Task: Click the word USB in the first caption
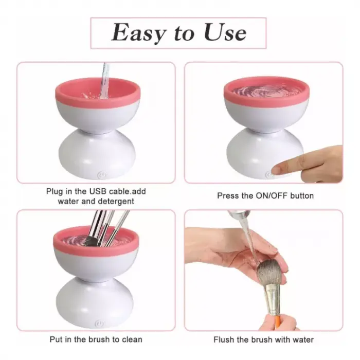(98, 191)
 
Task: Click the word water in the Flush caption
(303, 339)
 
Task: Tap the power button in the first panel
(102, 175)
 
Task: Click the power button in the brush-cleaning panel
(100, 323)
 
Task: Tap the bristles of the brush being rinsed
(269, 274)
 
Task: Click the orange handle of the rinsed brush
(276, 320)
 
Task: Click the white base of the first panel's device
(97, 154)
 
